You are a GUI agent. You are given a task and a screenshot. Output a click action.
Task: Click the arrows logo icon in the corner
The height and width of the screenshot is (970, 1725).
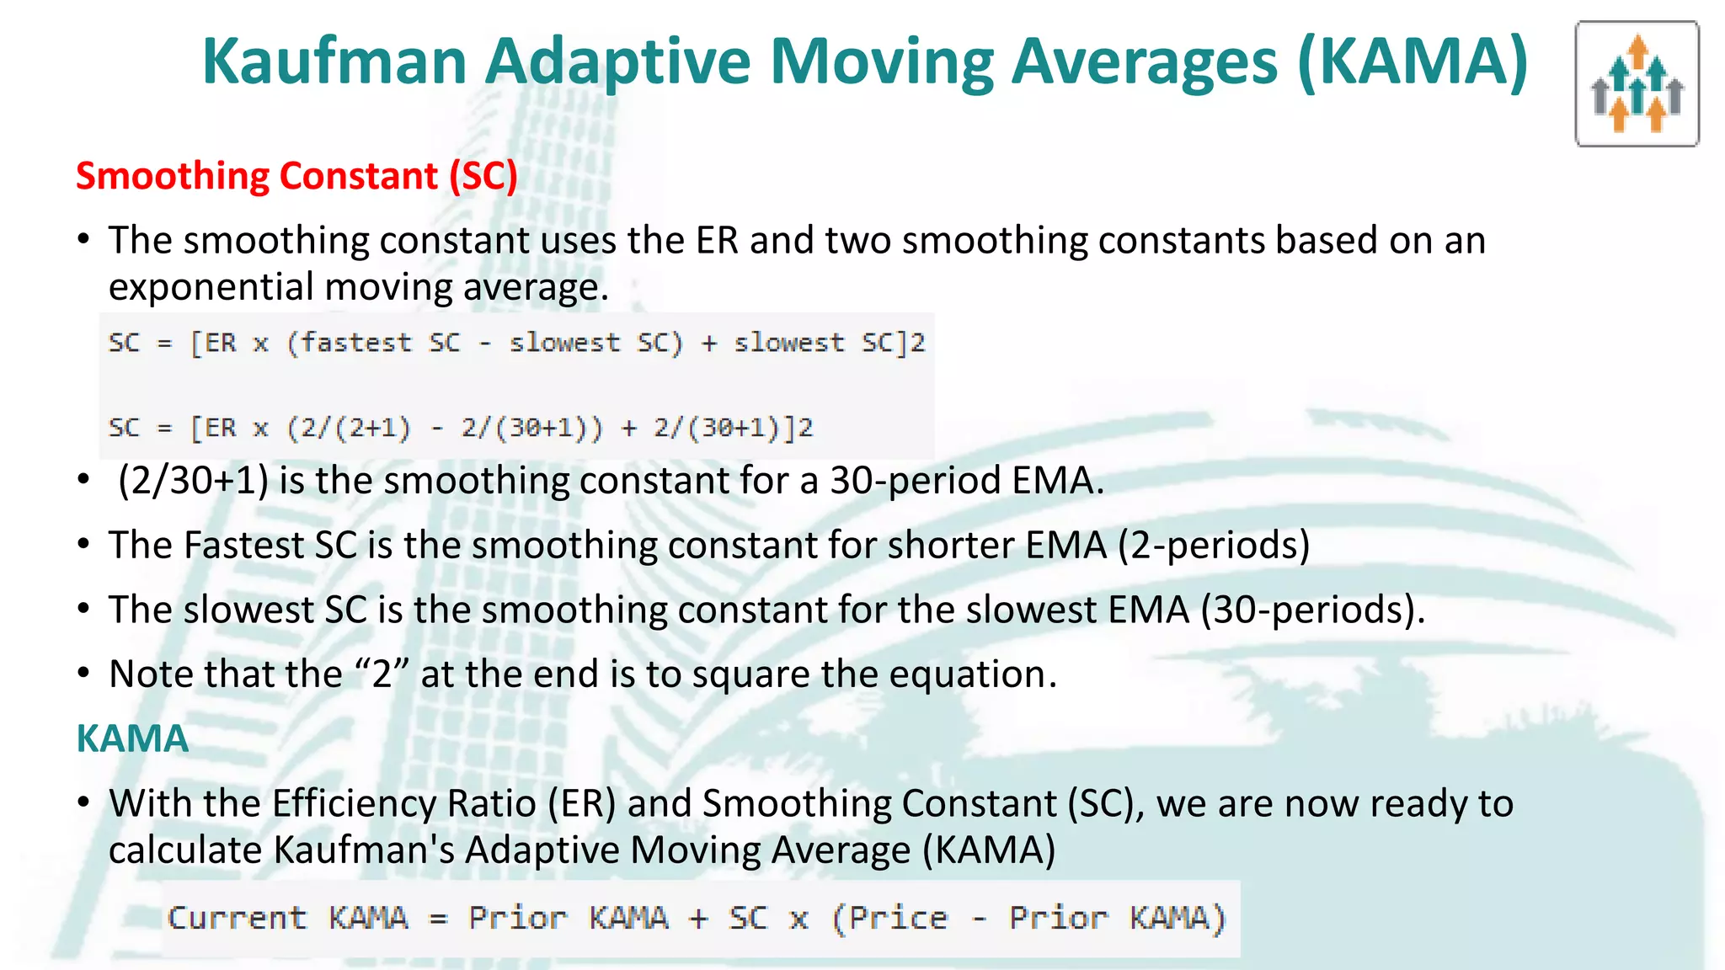[1637, 84]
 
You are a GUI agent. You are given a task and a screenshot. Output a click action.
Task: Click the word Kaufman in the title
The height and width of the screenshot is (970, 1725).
[334, 62]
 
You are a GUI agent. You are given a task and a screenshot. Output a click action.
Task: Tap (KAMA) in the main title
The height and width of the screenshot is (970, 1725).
[1413, 62]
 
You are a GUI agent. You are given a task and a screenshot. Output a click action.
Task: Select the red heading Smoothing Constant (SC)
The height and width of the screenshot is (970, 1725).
[296, 176]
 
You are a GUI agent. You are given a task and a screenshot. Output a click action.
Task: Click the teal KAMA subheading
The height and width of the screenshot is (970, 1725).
[132, 738]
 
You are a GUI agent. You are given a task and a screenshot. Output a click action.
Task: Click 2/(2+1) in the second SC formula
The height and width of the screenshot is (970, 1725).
[349, 428]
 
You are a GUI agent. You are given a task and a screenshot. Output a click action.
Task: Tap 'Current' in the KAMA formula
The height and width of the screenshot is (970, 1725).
[238, 918]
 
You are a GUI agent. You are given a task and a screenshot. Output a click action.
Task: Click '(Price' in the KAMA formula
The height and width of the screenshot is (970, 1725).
[889, 918]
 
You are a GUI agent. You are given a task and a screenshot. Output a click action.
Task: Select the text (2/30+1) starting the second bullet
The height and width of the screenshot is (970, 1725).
[193, 481]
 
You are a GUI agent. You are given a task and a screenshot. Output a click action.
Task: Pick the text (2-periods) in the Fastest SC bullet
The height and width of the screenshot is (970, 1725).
[1214, 546]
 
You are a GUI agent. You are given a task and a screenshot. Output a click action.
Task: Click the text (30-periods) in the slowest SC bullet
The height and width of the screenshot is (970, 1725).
[1311, 610]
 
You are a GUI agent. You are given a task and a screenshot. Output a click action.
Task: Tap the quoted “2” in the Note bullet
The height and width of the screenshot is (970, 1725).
[382, 674]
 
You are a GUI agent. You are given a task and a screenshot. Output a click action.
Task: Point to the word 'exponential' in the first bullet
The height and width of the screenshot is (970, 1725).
[211, 287]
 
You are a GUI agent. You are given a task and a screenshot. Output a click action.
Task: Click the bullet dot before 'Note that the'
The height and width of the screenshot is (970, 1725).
[83, 674]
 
